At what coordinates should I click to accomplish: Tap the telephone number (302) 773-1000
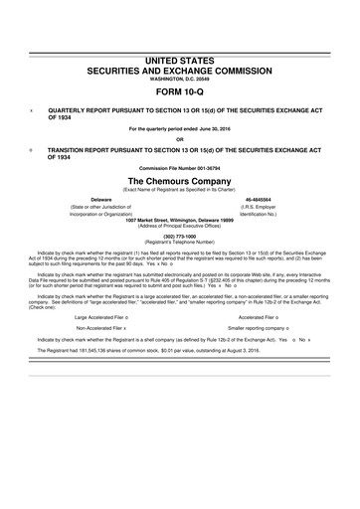click(x=180, y=236)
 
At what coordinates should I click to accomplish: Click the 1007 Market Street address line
click(x=180, y=221)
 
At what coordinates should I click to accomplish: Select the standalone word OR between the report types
click(x=180, y=138)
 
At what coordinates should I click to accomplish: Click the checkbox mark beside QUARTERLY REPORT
click(x=34, y=111)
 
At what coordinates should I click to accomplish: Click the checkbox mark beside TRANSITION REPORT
click(x=34, y=146)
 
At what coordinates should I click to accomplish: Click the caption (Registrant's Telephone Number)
click(x=180, y=243)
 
